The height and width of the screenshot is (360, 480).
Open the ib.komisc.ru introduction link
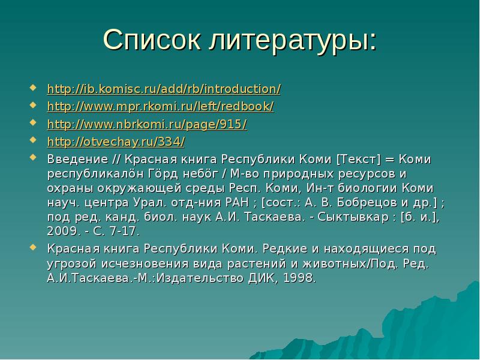[163, 89]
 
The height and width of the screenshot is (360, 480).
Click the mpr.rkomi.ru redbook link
[160, 107]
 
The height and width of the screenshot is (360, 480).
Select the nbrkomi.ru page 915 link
[146, 125]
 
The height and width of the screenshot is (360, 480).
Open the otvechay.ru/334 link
[116, 142]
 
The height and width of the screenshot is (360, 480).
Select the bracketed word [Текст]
[359, 160]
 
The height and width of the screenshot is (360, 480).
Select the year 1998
[298, 278]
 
